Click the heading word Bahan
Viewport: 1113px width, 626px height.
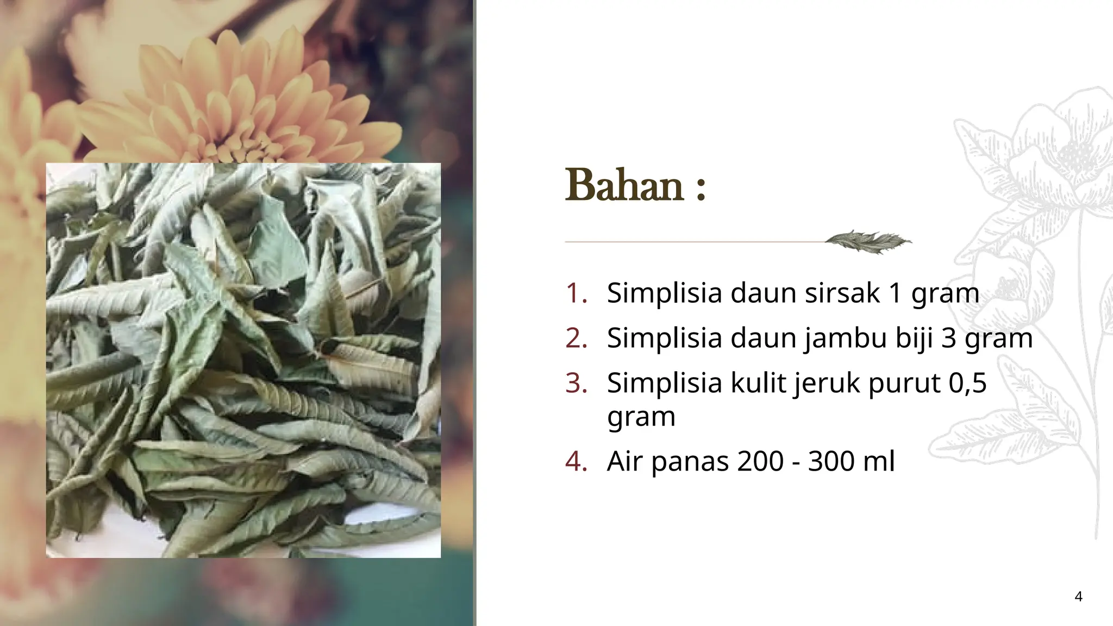tap(624, 186)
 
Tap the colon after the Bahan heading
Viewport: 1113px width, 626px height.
tap(700, 189)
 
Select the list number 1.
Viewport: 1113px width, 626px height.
tap(576, 293)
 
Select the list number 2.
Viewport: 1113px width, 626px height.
tap(576, 339)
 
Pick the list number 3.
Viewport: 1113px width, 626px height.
tap(576, 384)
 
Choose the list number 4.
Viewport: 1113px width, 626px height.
tap(576, 462)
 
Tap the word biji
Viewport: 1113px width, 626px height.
tap(914, 339)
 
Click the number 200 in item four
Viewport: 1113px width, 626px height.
tap(760, 462)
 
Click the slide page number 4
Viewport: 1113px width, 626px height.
tap(1078, 597)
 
